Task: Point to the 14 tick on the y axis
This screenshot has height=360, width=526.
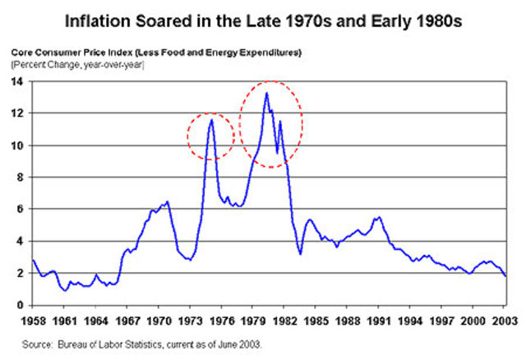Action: click(x=18, y=81)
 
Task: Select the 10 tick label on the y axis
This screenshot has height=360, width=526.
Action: click(x=18, y=145)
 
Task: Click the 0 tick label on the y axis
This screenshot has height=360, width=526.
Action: click(x=21, y=304)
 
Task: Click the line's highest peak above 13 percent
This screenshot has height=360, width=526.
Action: click(x=266, y=93)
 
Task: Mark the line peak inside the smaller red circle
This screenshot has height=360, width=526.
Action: click(x=212, y=120)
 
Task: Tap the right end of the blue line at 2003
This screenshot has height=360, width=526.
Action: click(x=505, y=276)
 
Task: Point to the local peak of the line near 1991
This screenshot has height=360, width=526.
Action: click(x=378, y=217)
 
